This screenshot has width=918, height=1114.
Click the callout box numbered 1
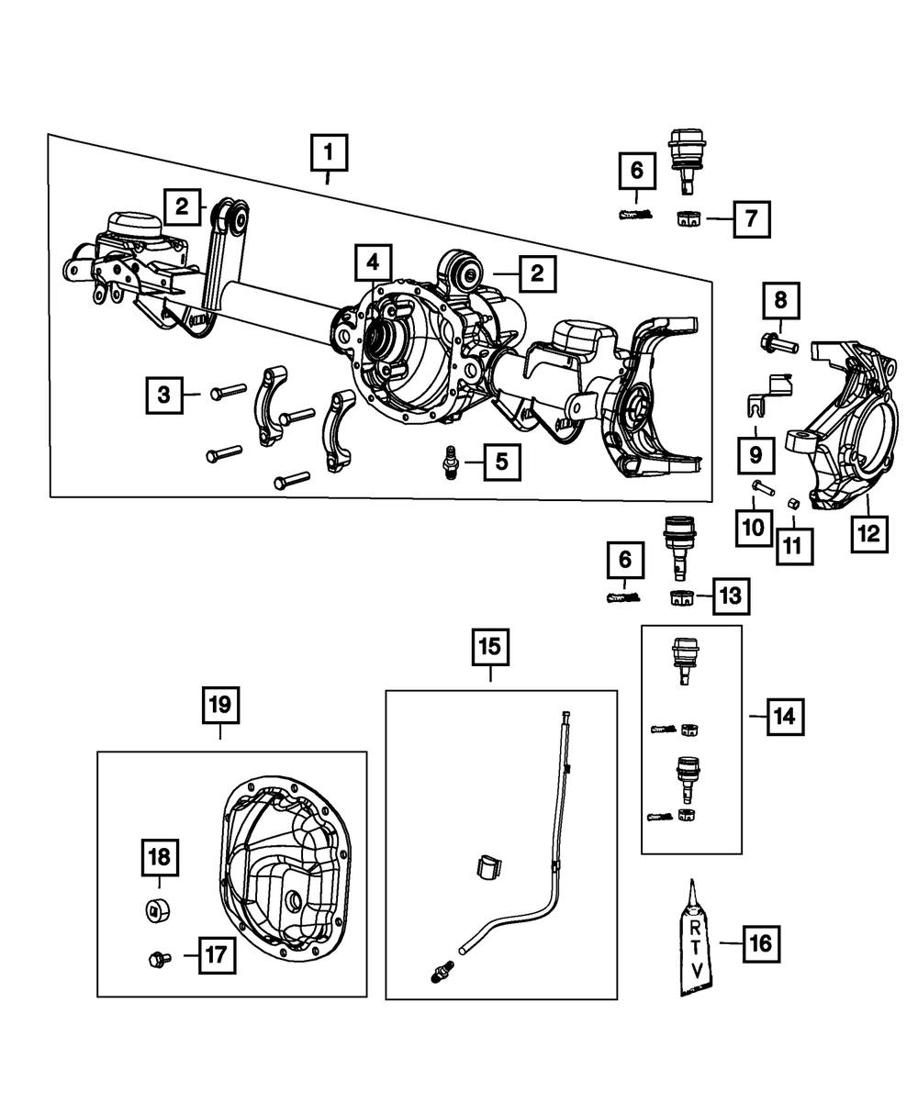pos(329,152)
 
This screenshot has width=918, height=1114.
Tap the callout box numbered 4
pos(373,262)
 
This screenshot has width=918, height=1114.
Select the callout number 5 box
pos(502,462)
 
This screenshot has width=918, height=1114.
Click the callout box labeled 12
pos(869,533)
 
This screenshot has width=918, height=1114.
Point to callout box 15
pos(490,647)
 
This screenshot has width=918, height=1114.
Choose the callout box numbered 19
pos(220,705)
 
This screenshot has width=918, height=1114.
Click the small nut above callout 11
pos(794,503)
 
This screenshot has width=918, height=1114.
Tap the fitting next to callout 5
pos(451,462)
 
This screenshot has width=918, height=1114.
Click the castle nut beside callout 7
pos(688,218)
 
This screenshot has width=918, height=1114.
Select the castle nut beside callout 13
pos(681,597)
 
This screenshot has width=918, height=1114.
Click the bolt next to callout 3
pos(229,392)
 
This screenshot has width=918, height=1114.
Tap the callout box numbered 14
pos(785,717)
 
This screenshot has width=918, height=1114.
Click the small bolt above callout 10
pos(763,487)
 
